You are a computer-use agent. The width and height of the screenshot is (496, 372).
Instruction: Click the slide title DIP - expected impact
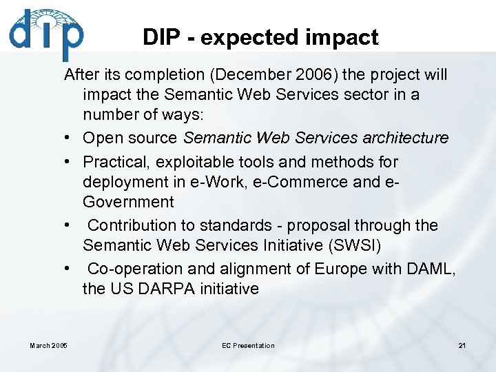[260, 37]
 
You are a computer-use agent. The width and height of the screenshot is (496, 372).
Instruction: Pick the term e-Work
[223, 182]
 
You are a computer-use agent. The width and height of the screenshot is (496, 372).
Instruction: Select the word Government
[128, 202]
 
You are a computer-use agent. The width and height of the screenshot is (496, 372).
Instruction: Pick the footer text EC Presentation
[248, 346]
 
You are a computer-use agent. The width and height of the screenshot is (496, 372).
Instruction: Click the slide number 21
[462, 346]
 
